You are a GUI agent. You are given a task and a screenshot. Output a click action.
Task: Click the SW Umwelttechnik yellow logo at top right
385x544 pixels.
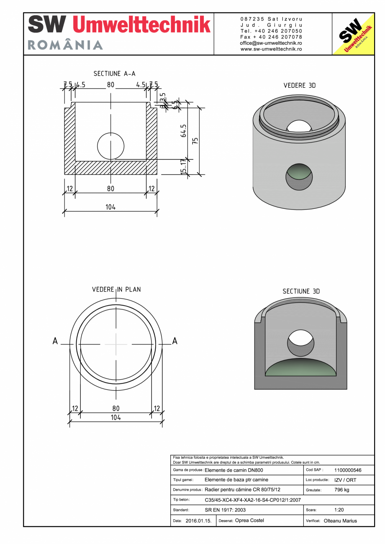[x=353, y=34]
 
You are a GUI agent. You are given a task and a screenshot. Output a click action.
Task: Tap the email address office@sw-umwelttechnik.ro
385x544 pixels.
[x=271, y=43]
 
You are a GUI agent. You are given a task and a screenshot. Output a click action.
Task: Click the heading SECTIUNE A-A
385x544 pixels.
[x=114, y=74]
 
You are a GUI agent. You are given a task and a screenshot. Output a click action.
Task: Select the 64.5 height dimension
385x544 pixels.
[x=183, y=131]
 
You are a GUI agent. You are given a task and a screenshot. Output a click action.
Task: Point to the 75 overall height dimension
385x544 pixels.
[x=195, y=141]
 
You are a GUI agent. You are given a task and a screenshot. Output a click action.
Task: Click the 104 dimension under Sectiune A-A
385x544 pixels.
[x=110, y=207]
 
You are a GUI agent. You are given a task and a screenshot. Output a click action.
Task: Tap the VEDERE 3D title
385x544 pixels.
[x=300, y=85]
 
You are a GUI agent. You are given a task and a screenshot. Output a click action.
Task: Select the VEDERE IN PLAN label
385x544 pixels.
[x=116, y=289]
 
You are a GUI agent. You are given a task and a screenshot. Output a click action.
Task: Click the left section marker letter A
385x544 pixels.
[x=55, y=341]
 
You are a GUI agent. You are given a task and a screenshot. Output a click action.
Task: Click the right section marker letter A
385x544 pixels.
[x=175, y=341]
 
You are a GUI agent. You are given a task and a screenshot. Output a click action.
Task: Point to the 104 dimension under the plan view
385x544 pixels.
[x=116, y=417]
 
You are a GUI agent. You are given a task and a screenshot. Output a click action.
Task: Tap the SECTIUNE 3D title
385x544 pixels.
[x=301, y=291]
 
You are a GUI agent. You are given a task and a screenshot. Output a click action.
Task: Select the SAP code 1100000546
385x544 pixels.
[x=348, y=470]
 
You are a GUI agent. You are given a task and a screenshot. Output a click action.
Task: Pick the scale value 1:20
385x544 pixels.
[x=339, y=510]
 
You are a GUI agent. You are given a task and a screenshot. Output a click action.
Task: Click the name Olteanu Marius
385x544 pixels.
[x=340, y=521]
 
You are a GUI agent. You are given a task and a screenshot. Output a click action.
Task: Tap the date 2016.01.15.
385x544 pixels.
[x=198, y=521]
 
